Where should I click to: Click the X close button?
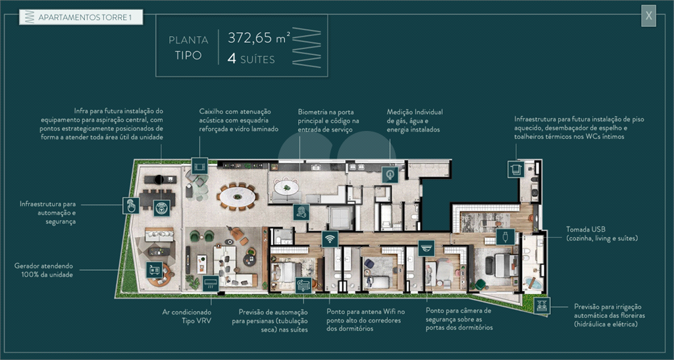(648, 16)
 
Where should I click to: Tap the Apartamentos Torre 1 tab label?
(84, 18)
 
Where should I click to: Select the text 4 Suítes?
(251, 59)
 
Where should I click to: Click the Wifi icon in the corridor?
(330, 238)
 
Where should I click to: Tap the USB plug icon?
(505, 237)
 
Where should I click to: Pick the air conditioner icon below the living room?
(211, 284)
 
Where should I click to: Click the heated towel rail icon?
(516, 169)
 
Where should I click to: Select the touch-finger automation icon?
(131, 206)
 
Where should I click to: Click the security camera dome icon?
(426, 248)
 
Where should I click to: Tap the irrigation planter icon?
(542, 305)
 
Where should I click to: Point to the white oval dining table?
(237, 197)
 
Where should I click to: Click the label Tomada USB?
(585, 230)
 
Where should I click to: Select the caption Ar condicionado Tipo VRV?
(186, 317)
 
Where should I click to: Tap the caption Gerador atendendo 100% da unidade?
(43, 270)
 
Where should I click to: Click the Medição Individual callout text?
(415, 120)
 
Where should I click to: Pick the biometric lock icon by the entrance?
(301, 212)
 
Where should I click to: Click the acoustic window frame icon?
(199, 166)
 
